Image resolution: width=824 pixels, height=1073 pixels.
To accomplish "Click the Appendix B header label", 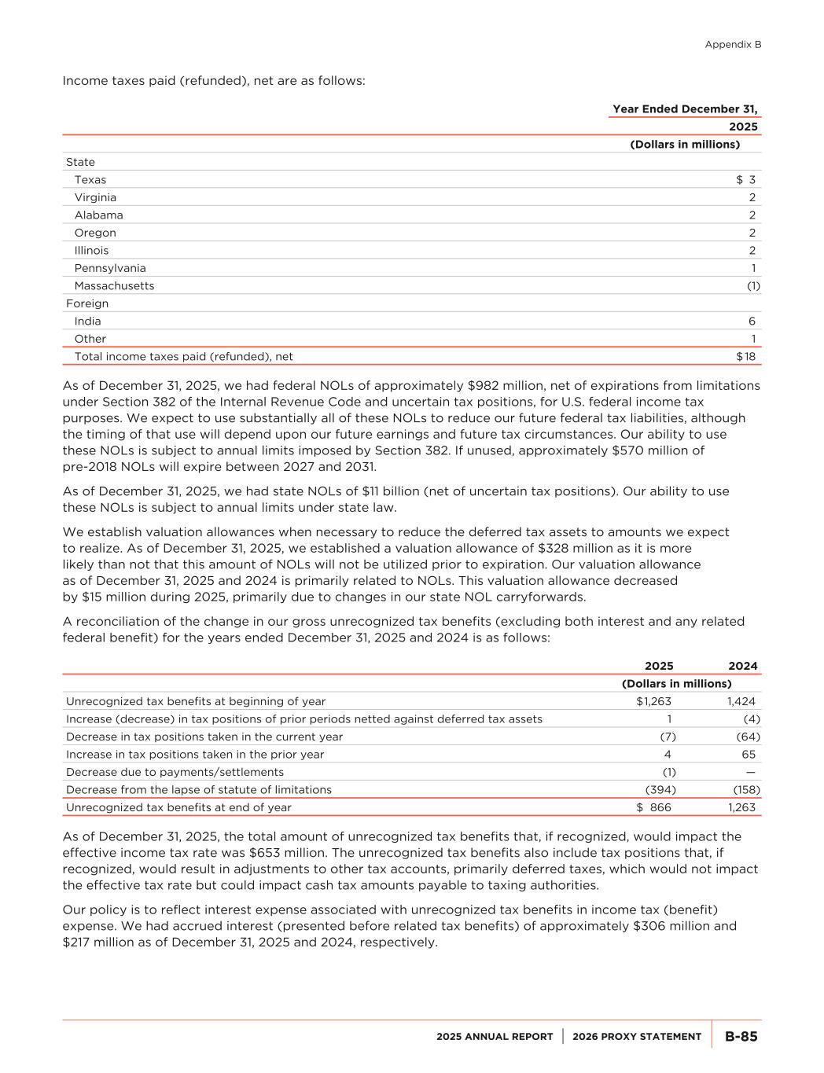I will tap(733, 45).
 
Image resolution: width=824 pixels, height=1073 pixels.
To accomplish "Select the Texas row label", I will tap(90, 180).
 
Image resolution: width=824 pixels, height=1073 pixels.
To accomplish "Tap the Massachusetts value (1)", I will tap(752, 286).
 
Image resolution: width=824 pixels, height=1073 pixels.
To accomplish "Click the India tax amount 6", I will tap(752, 322).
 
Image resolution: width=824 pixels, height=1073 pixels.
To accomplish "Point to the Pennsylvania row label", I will tap(110, 268).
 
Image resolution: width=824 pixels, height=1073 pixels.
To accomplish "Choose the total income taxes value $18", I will tap(746, 357).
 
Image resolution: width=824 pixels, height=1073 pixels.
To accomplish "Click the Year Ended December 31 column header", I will tap(685, 109).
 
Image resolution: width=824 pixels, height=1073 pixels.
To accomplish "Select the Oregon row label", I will tap(95, 233).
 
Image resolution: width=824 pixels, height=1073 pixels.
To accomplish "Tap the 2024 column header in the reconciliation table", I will tap(743, 667).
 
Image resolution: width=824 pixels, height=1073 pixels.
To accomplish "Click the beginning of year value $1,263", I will tap(653, 702).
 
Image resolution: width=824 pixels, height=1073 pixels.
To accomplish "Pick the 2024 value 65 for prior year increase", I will tap(749, 755).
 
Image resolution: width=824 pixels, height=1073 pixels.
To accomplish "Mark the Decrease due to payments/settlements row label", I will tap(175, 773).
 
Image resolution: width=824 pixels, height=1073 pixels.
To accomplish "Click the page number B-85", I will tap(741, 1037).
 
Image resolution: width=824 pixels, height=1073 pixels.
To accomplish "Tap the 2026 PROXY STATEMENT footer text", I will tap(637, 1037).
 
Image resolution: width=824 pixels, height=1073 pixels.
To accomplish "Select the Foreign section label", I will tap(87, 303).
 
